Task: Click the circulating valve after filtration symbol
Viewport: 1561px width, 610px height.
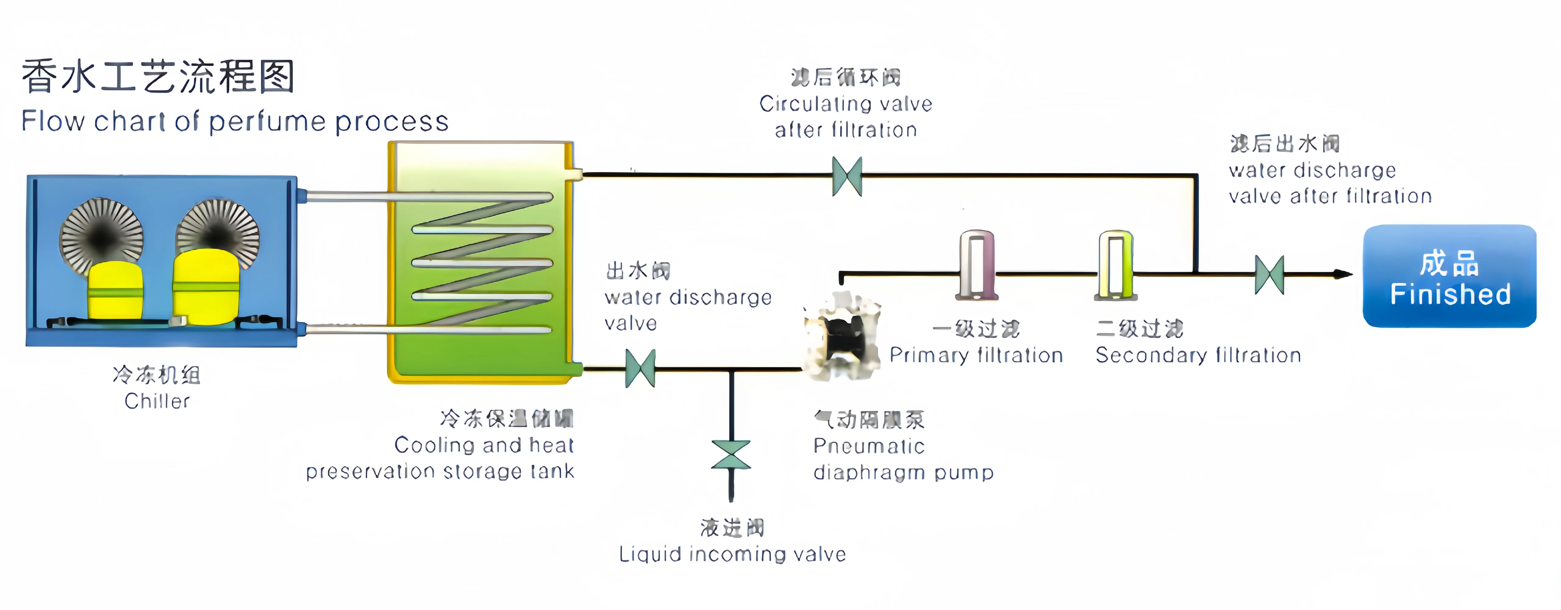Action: pyautogui.click(x=847, y=177)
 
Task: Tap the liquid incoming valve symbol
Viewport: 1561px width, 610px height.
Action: pyautogui.click(x=731, y=455)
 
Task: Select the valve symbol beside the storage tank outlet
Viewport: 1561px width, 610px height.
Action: pyautogui.click(x=640, y=368)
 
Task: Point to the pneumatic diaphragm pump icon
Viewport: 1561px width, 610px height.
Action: pyautogui.click(x=842, y=336)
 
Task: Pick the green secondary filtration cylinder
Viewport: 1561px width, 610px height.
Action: pyautogui.click(x=1116, y=266)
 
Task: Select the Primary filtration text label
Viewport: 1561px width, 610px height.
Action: pyautogui.click(x=976, y=355)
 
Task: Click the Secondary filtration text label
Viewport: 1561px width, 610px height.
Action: pyautogui.click(x=1198, y=355)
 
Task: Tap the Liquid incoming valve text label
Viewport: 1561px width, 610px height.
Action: pyautogui.click(x=732, y=554)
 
